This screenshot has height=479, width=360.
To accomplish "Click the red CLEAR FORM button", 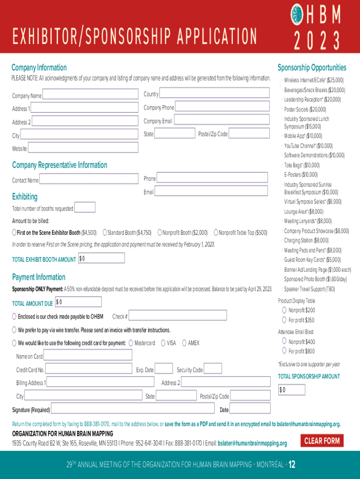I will [x=322, y=441].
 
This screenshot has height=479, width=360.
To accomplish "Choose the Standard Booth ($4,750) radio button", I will [x=105, y=232].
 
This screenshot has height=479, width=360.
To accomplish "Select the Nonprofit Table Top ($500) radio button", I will [x=216, y=232].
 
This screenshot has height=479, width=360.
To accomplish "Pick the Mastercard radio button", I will [x=131, y=343].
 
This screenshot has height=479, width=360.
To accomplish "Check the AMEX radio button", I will [x=184, y=343].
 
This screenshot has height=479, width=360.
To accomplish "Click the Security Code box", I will [x=213, y=369].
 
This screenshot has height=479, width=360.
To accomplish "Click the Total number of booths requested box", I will [x=85, y=207].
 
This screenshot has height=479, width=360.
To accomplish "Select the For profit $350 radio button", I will [x=284, y=320].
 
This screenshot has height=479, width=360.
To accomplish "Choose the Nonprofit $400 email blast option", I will [x=284, y=341].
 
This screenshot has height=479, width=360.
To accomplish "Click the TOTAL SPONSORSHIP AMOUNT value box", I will [x=292, y=390].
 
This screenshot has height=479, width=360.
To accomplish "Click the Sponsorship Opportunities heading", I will [x=312, y=67].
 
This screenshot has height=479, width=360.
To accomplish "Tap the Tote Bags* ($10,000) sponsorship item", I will [x=302, y=165].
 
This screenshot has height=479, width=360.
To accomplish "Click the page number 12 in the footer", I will [x=292, y=464].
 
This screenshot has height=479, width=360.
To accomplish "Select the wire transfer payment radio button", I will [x=14, y=330].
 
